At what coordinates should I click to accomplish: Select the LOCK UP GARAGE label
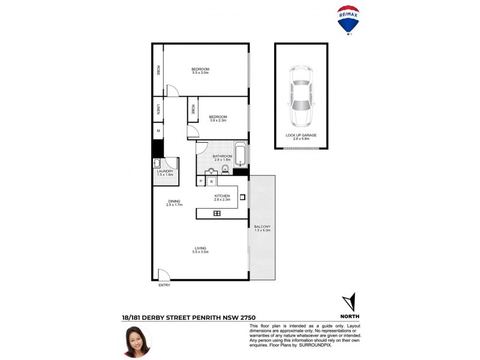point(301,136)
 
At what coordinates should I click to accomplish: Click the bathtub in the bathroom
point(240,155)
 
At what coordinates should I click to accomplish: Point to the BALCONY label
point(262,228)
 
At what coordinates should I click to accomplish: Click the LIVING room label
point(200,250)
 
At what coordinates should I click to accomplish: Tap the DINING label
point(174,203)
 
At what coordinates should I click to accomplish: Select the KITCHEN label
point(223,197)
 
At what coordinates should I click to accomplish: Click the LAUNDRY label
point(165,173)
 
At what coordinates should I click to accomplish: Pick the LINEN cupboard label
point(158,109)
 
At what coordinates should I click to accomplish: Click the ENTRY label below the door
point(164,285)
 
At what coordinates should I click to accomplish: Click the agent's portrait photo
point(137,341)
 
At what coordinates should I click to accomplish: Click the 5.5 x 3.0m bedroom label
point(200,71)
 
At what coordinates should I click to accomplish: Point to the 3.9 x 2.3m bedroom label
point(218,118)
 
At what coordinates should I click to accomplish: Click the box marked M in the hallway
point(158,131)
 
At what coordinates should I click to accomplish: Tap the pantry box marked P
point(201,181)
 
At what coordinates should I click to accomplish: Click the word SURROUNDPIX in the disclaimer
point(316,345)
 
